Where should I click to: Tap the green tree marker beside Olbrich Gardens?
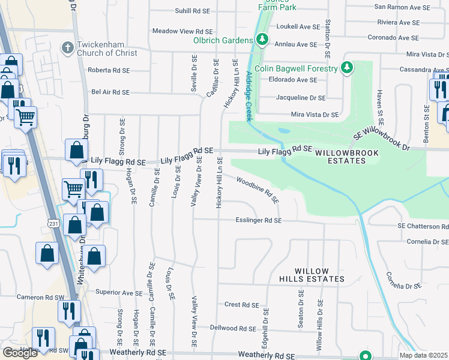click(262, 40)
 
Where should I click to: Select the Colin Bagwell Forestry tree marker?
click(346, 68)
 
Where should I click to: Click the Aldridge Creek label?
click(248, 95)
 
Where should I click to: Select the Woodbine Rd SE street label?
click(258, 190)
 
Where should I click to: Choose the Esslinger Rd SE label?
click(259, 221)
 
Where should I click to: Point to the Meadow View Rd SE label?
click(182, 31)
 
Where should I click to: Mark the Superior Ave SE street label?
click(118, 293)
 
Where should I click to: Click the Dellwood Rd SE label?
click(234, 328)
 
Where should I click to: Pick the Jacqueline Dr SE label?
click(301, 97)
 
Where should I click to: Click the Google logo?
click(20, 353)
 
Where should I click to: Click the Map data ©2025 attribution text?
click(424, 355)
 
